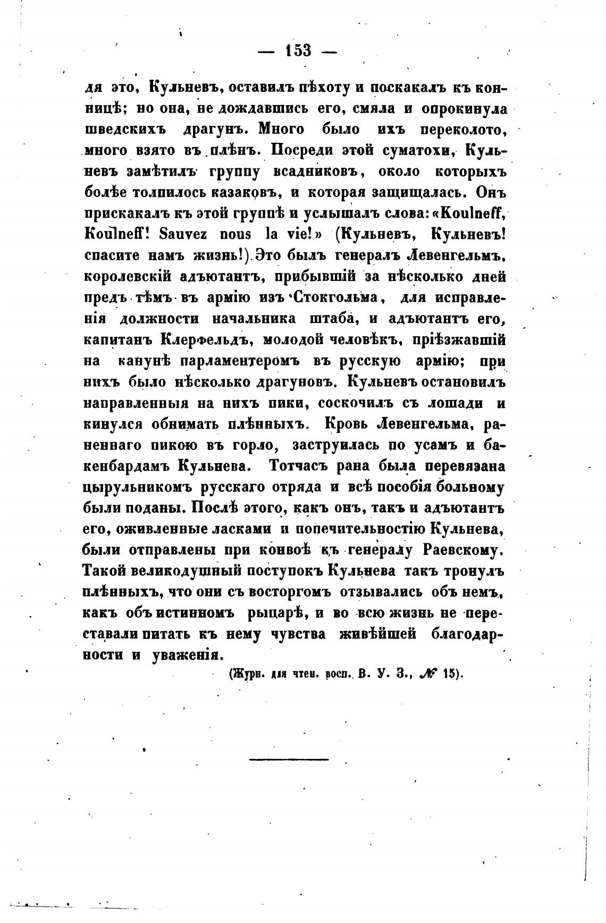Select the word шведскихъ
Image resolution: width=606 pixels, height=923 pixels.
[x=125, y=129]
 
